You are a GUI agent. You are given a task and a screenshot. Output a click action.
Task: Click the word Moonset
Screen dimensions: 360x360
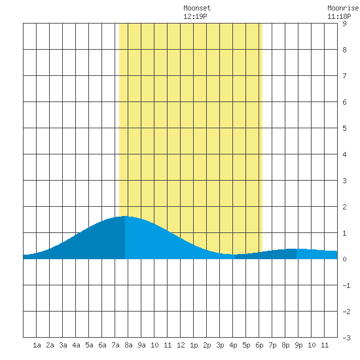(197, 9)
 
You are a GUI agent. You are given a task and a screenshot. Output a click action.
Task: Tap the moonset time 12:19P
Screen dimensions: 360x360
(195, 16)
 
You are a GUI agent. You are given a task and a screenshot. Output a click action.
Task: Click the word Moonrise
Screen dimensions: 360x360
(344, 9)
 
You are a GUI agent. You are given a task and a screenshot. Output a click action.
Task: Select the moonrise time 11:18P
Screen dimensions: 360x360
(339, 16)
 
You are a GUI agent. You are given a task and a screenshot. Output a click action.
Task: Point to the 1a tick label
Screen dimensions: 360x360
(37, 345)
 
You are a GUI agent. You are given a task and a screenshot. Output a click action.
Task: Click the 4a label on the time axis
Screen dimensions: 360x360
(76, 345)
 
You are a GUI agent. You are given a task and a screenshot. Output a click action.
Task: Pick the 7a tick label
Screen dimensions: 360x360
(115, 345)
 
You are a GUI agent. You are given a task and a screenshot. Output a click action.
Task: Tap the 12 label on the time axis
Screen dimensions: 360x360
(181, 345)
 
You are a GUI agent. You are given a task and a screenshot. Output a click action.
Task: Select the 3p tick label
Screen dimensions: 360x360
(220, 345)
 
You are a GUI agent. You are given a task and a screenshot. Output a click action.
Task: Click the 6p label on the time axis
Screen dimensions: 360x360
(259, 345)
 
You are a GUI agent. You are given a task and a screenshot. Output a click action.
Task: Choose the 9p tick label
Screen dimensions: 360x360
(298, 345)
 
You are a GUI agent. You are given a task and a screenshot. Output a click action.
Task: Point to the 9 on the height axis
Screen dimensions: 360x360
(344, 24)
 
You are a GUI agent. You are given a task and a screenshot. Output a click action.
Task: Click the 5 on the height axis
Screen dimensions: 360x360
(344, 128)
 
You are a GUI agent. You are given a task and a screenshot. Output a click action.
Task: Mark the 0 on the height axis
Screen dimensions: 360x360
(344, 259)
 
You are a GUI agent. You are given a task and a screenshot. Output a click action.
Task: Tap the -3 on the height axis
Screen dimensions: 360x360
(346, 338)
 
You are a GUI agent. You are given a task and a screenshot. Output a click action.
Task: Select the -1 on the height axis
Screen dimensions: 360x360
(346, 285)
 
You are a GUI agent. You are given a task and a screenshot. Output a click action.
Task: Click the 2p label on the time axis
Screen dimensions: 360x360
(207, 345)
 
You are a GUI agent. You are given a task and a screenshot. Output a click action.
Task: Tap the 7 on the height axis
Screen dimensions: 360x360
(344, 76)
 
